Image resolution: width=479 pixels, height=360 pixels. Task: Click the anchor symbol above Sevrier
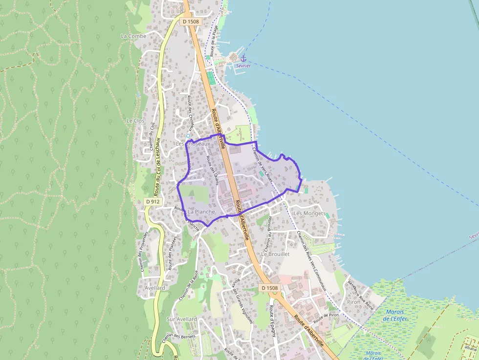[x=243, y=59]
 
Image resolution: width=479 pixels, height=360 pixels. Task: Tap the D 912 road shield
[x=152, y=201]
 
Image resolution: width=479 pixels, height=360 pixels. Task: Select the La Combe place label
[x=131, y=36]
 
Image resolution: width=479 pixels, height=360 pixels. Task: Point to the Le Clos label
[x=135, y=120]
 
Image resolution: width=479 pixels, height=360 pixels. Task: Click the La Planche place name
[x=201, y=212]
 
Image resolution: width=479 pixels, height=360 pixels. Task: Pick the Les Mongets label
[x=309, y=213]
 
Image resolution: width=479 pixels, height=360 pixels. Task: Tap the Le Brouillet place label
[x=276, y=254]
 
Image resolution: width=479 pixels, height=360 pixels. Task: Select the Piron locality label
[x=353, y=302]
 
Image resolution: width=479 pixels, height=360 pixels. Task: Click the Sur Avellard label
[x=182, y=319]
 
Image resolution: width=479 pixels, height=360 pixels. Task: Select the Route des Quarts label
[x=212, y=170]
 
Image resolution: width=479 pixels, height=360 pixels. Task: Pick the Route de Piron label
[x=327, y=318]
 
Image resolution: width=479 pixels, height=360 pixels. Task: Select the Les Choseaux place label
[x=193, y=144]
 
